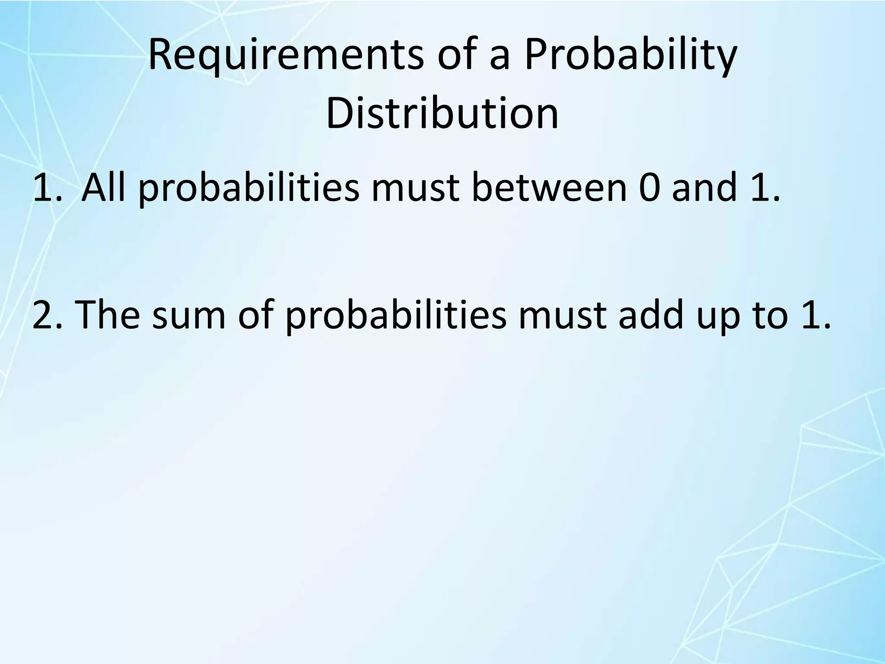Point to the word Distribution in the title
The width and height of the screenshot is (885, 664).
pos(442,113)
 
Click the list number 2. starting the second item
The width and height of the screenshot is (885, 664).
pos(47,315)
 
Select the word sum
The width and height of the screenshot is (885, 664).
pos(189,315)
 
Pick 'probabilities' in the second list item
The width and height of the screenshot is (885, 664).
pos(395,315)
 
